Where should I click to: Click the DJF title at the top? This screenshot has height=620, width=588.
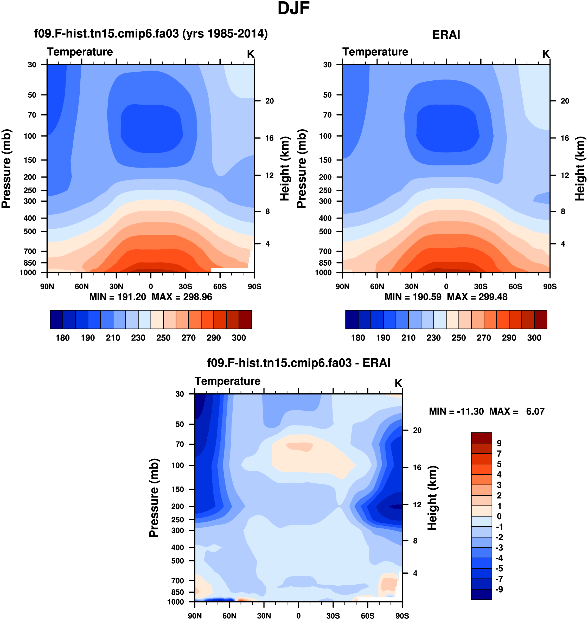pos(293,9)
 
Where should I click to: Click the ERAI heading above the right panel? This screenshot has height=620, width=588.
pos(446,35)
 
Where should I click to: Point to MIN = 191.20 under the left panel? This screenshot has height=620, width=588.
pos(118,297)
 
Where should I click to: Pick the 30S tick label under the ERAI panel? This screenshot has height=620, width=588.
pos(481,286)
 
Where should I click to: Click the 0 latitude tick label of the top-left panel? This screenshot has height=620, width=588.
pos(151,286)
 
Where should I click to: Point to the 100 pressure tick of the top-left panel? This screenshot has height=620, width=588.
pos(30,136)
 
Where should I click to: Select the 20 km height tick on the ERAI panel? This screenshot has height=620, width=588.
pos(565,101)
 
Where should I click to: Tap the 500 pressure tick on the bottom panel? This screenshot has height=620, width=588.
pos(178,560)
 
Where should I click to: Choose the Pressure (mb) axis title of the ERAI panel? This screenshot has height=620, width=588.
pos(302,169)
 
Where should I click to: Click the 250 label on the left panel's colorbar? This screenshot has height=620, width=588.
pos(163,338)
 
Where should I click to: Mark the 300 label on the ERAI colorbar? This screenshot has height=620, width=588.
pos(534,338)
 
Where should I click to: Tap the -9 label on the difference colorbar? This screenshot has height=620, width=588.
pos(499,589)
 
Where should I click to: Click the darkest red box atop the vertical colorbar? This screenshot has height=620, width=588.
pos(481,438)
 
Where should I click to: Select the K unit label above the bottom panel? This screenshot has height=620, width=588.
pos(398,383)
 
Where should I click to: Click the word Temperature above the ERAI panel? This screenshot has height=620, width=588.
pos(375,52)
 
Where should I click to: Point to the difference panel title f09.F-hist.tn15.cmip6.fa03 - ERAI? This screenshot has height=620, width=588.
pos(299,363)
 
